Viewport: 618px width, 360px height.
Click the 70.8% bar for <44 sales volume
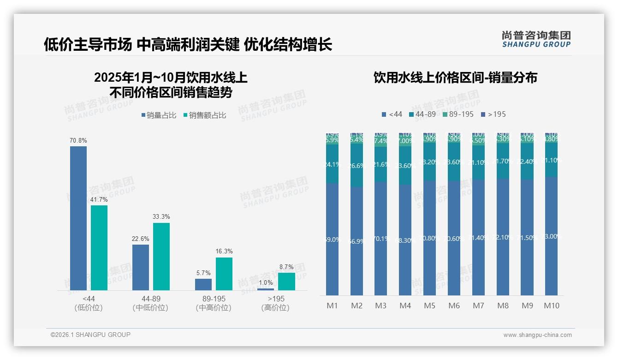pyautogui.click(x=78, y=218)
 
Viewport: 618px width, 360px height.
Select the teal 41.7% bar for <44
pyautogui.click(x=99, y=247)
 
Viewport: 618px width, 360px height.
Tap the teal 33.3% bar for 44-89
pyautogui.click(x=161, y=256)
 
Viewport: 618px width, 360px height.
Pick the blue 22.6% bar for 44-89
pyautogui.click(x=141, y=267)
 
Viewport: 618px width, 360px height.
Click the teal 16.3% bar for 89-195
pyautogui.click(x=224, y=274)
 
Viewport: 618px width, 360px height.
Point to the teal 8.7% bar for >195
pyautogui.click(x=286, y=281)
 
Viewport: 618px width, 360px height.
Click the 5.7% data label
pyautogui.click(x=203, y=273)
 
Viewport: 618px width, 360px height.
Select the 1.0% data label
pyautogui.click(x=266, y=282)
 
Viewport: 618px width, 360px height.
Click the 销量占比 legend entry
pyautogui.click(x=159, y=115)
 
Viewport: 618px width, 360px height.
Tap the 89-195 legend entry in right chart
pyautogui.click(x=458, y=114)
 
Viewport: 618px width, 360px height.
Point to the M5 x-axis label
pyautogui.click(x=429, y=306)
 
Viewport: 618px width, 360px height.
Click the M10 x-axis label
pyautogui.click(x=552, y=306)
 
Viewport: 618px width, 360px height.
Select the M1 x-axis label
pyautogui.click(x=332, y=306)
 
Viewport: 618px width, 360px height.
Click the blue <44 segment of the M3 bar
pyautogui.click(x=380, y=238)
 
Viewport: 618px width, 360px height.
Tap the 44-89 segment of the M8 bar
pyautogui.click(x=503, y=161)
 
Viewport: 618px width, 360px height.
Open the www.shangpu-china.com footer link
pyautogui.click(x=537, y=335)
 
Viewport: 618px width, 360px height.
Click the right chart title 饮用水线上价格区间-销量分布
pyautogui.click(x=455, y=78)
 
